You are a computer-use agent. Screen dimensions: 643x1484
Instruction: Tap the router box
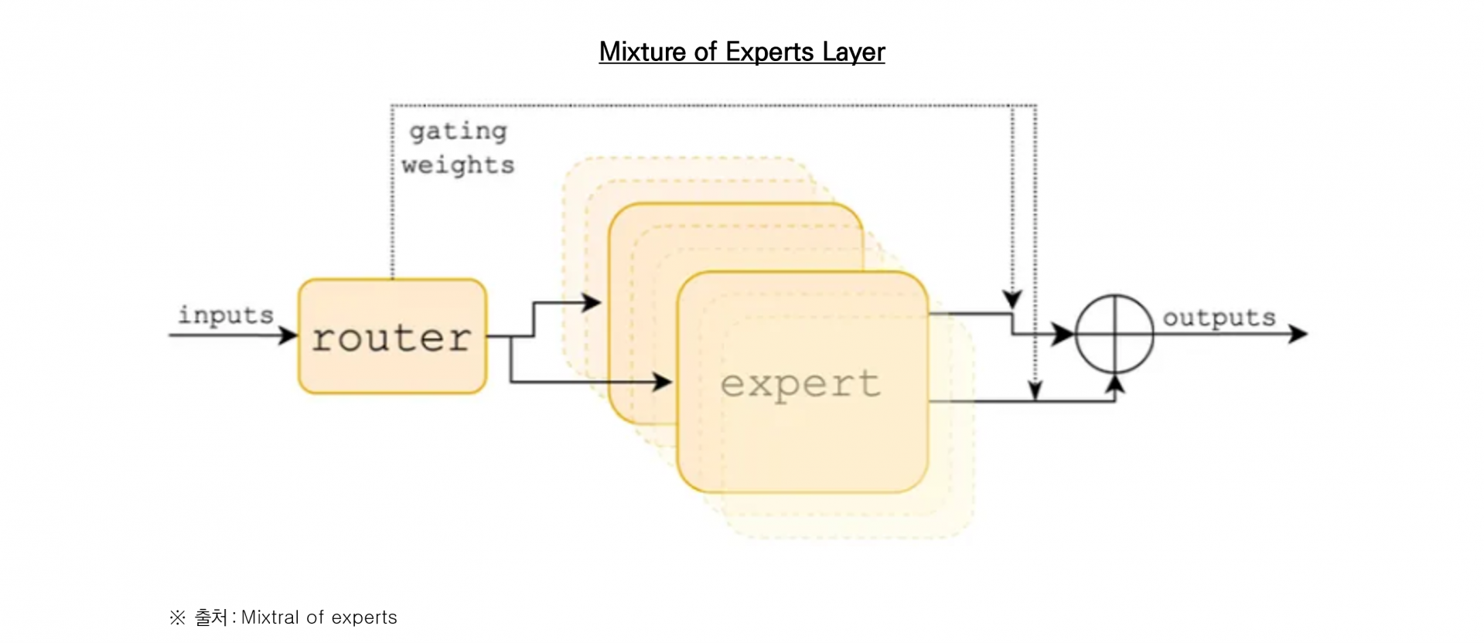coord(392,337)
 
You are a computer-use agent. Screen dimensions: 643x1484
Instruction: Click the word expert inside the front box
coord(800,383)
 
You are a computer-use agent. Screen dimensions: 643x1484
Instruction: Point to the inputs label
coord(226,315)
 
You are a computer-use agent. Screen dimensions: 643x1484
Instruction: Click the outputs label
coord(1219,318)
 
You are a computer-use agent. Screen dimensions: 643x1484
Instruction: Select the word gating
coord(458,131)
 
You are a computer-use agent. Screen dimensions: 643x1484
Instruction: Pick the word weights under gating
coord(458,165)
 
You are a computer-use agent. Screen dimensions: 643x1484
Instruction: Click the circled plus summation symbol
coord(1114,334)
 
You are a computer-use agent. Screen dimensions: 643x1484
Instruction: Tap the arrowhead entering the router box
coord(288,335)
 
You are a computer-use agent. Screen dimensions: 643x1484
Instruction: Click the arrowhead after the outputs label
coord(1298,334)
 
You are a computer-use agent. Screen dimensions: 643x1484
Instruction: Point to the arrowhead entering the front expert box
coord(663,381)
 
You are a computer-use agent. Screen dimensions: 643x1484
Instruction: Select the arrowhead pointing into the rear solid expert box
coord(592,302)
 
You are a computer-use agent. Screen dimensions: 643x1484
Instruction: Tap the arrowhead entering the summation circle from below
coord(1114,384)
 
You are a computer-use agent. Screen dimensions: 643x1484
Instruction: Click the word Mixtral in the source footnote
coord(270,617)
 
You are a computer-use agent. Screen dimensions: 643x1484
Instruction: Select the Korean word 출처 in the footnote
coord(210,617)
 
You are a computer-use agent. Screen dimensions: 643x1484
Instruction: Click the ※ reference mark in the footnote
coord(177,617)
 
